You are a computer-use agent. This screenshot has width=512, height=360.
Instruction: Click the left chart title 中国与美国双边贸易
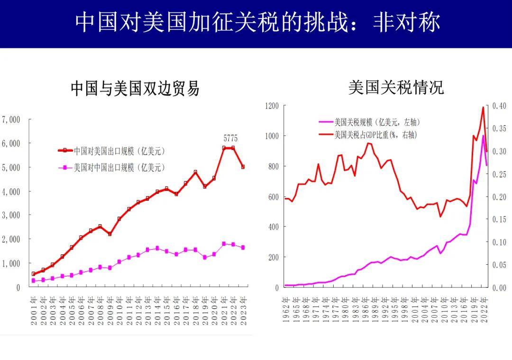[135, 89]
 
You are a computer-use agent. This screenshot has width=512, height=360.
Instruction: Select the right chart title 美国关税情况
[396, 87]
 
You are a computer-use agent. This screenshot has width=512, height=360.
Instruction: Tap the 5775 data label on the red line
[230, 138]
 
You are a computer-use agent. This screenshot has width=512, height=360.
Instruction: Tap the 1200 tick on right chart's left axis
[272, 106]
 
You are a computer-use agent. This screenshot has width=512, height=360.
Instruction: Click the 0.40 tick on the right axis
[499, 106]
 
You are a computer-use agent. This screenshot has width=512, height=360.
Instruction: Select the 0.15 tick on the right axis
[499, 219]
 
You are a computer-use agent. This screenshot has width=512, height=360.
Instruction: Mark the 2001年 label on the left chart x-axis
[34, 311]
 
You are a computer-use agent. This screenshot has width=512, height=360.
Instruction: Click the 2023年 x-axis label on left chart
[243, 311]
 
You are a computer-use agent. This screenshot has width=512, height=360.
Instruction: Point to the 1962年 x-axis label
[286, 310]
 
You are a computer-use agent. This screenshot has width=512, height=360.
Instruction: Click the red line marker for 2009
[110, 234]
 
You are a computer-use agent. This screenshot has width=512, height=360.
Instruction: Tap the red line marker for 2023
[243, 167]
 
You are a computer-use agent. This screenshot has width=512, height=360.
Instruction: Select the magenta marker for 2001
[33, 280]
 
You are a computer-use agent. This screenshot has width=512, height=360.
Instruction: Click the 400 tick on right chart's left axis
[274, 227]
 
